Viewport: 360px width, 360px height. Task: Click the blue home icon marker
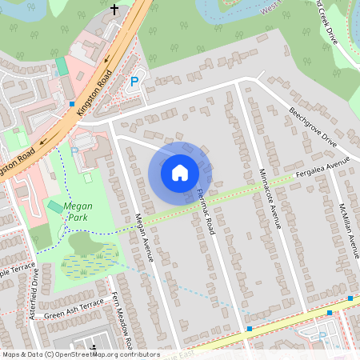[180, 172]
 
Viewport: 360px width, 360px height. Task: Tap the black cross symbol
[114, 10]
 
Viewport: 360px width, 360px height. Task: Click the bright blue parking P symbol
[134, 82]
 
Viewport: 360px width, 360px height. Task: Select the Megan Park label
[78, 211]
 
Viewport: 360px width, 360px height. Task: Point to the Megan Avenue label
[142, 236]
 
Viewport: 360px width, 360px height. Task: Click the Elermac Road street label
[206, 212]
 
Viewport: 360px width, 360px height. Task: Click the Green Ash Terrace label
[74, 310]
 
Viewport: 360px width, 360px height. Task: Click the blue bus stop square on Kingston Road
[72, 104]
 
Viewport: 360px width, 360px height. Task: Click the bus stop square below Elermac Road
[250, 328]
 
